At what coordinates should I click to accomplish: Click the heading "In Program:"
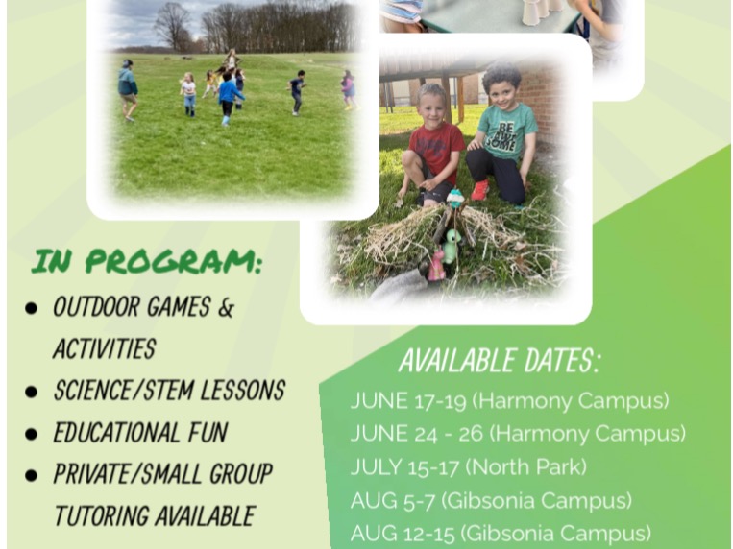pyautogui.click(x=146, y=261)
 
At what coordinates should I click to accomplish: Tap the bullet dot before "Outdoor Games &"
pyautogui.click(x=31, y=308)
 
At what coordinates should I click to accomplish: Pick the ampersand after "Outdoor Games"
pyautogui.click(x=226, y=307)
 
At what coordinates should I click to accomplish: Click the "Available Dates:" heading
pyautogui.click(x=499, y=360)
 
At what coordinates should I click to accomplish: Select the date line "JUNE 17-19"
pyautogui.click(x=408, y=401)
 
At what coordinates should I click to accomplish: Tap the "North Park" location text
pyautogui.click(x=525, y=466)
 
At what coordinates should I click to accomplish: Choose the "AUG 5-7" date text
pyautogui.click(x=393, y=501)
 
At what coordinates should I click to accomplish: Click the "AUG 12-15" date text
pyautogui.click(x=403, y=534)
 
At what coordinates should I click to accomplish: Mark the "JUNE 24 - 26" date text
pyautogui.click(x=417, y=434)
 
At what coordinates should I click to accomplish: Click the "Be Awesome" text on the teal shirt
pyautogui.click(x=504, y=136)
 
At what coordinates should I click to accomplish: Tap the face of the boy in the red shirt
pyautogui.click(x=432, y=107)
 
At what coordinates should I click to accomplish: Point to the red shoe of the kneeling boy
pyautogui.click(x=480, y=190)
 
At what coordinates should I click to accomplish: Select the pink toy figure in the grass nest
pyautogui.click(x=436, y=266)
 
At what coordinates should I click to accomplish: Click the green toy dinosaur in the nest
pyautogui.click(x=451, y=246)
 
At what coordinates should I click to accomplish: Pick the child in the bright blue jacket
pyautogui.click(x=228, y=99)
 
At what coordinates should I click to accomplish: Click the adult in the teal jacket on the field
pyautogui.click(x=127, y=90)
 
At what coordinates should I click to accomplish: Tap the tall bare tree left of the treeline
pyautogui.click(x=172, y=27)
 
